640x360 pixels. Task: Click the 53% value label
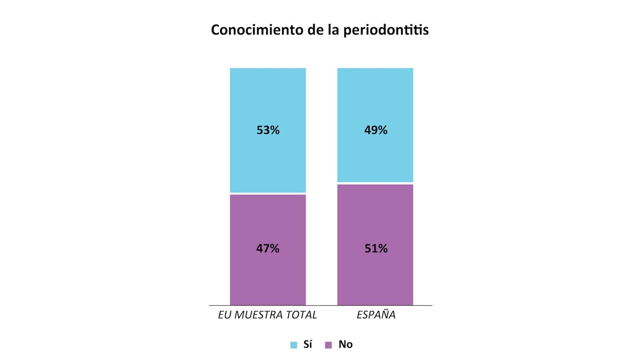268,130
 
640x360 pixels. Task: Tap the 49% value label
376,130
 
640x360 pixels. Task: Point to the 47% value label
268,248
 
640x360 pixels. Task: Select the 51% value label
376,248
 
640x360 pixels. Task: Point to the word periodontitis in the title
386,30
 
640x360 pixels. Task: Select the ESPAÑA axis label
376,315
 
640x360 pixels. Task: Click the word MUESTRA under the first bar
254,315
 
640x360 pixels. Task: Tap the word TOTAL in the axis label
300,315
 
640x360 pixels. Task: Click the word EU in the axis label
225,315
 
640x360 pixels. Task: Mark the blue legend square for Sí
294,345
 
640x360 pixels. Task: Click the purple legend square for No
328,345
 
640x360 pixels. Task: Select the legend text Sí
308,344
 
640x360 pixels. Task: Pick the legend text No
346,344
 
